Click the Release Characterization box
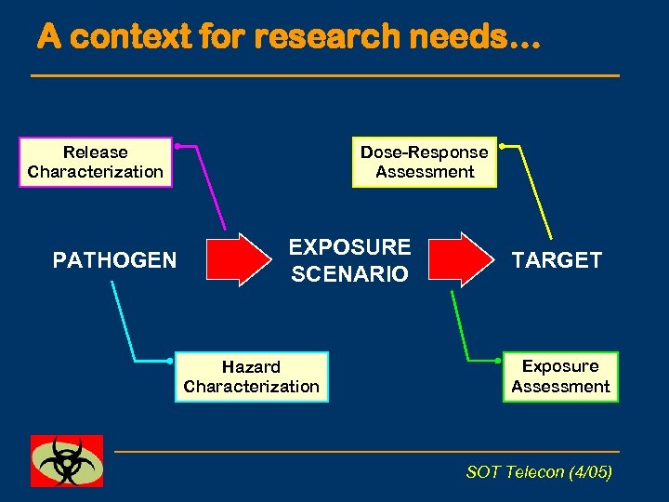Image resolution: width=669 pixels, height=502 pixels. pyautogui.click(x=95, y=162)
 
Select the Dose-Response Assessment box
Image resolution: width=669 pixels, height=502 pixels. pyautogui.click(x=424, y=162)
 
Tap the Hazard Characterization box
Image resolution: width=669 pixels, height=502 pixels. pyautogui.click(x=251, y=376)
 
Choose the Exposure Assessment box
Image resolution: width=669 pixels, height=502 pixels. pyautogui.click(x=560, y=376)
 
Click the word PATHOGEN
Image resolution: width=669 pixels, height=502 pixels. pyautogui.click(x=114, y=260)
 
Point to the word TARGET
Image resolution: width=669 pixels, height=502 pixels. pyautogui.click(x=557, y=260)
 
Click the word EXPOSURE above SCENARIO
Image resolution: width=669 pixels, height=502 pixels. pyautogui.click(x=349, y=247)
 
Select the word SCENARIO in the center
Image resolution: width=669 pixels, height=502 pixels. pyautogui.click(x=349, y=274)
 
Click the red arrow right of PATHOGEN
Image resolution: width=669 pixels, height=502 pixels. pyautogui.click(x=236, y=259)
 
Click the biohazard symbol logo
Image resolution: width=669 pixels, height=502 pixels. pyautogui.click(x=67, y=461)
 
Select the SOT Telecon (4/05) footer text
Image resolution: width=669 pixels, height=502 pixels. pyautogui.click(x=539, y=472)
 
